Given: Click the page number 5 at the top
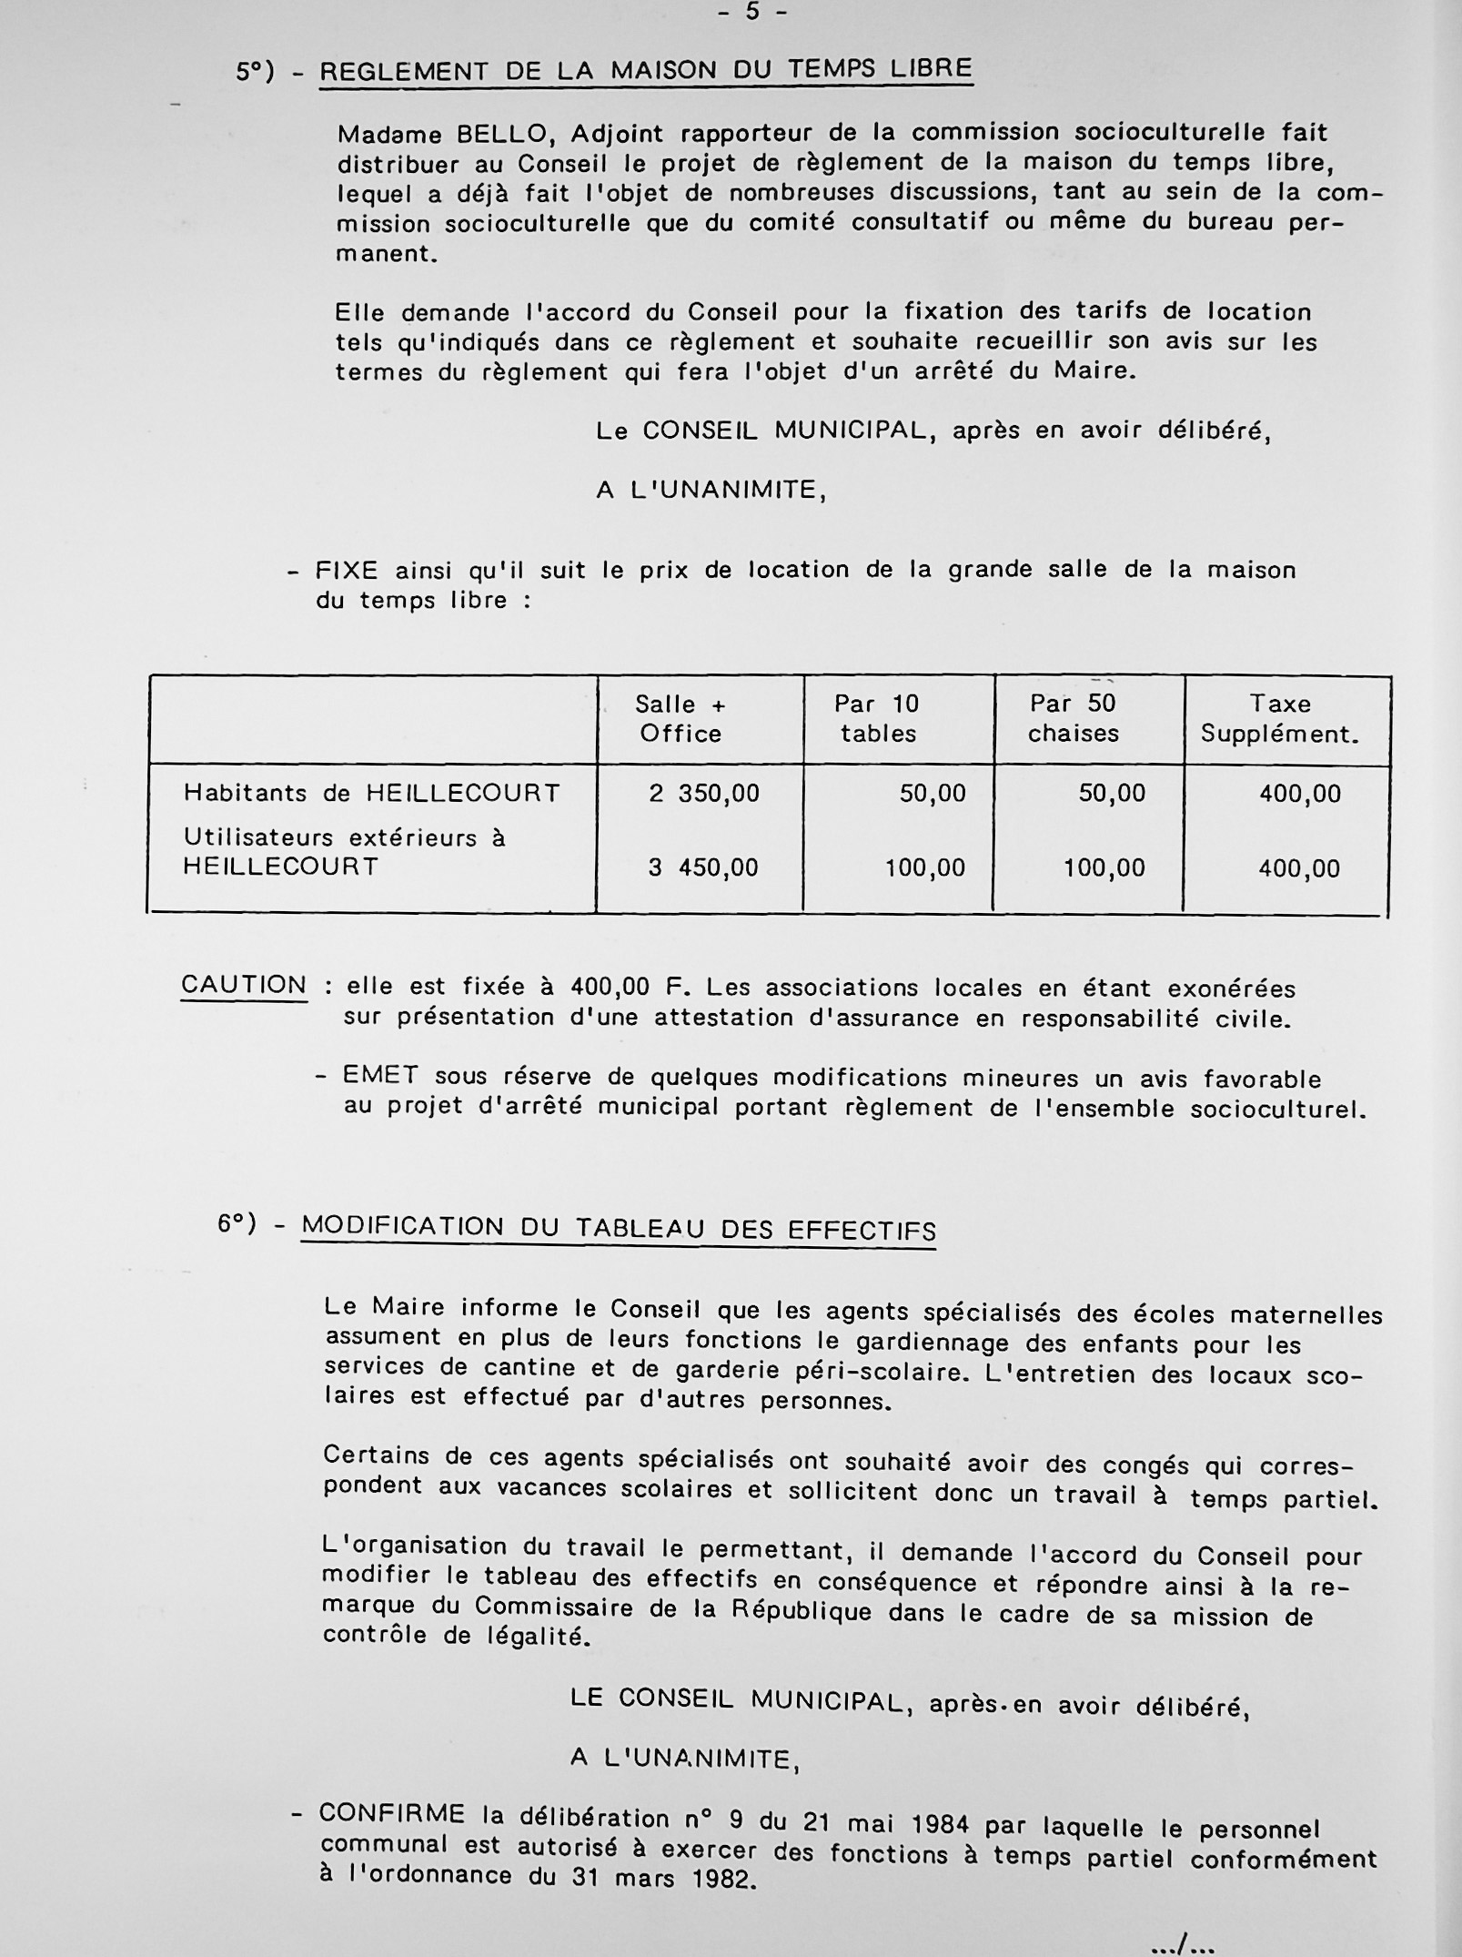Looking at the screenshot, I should click(x=751, y=12).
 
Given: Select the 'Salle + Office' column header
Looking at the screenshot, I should click(x=680, y=718).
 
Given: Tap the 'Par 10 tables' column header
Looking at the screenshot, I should click(x=877, y=718).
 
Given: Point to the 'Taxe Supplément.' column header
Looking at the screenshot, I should click(x=1279, y=718).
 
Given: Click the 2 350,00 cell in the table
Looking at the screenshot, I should click(x=703, y=794).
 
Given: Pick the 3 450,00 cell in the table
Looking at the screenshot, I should click(x=703, y=868).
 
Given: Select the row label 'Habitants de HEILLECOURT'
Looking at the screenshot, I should click(x=371, y=793).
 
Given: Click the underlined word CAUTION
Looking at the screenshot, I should click(x=244, y=985).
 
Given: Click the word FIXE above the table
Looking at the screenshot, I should click(x=347, y=571).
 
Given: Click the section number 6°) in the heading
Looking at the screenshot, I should click(x=237, y=1223).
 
